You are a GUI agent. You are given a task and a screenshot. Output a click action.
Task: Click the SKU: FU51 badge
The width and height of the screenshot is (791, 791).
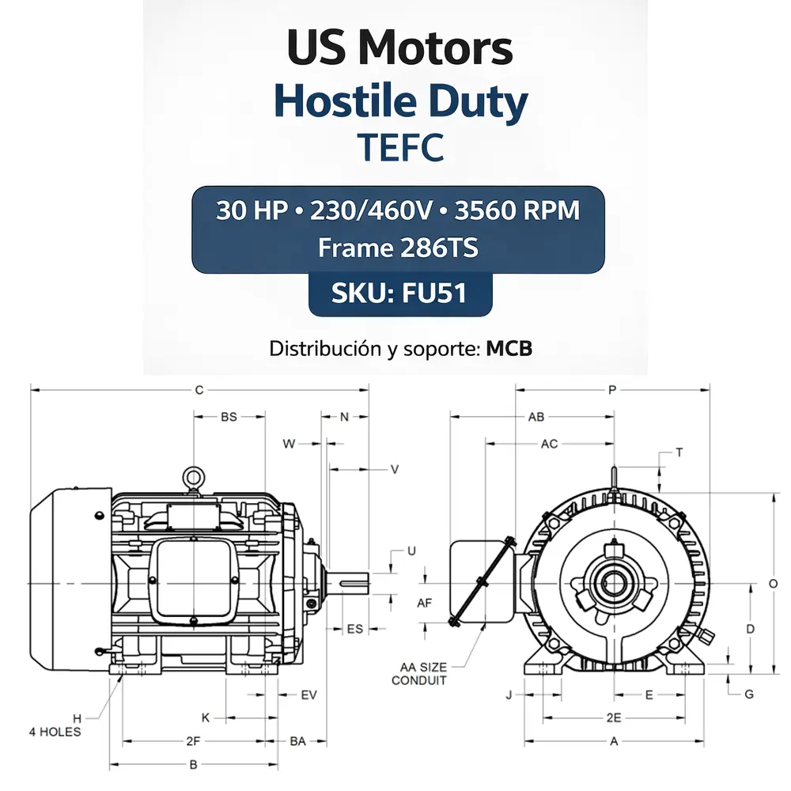[x=400, y=293]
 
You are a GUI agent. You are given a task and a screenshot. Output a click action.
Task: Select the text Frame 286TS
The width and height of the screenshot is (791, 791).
[x=398, y=248]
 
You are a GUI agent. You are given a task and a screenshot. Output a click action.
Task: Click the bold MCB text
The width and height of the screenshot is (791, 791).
[x=509, y=349]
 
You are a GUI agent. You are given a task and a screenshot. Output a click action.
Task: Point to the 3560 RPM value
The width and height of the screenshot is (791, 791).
[x=517, y=210]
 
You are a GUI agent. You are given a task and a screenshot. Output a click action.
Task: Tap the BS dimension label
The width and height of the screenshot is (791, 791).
[x=229, y=417]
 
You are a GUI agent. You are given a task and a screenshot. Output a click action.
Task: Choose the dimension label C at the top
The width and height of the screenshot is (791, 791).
[x=199, y=390]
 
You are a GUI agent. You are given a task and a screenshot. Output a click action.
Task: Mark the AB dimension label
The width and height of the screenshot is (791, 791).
[x=536, y=417]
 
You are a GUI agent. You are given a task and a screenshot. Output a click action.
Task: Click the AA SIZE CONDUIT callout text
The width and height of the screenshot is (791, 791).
[x=420, y=674]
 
